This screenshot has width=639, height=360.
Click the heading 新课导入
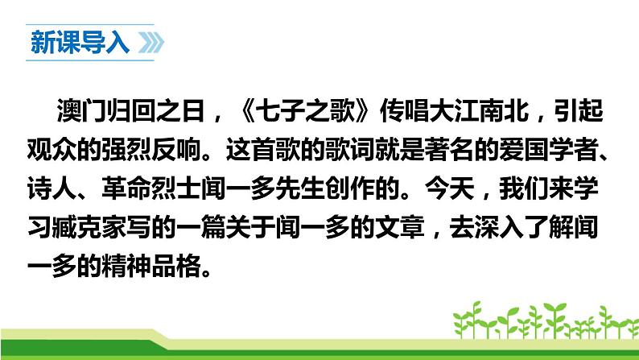(79, 43)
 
